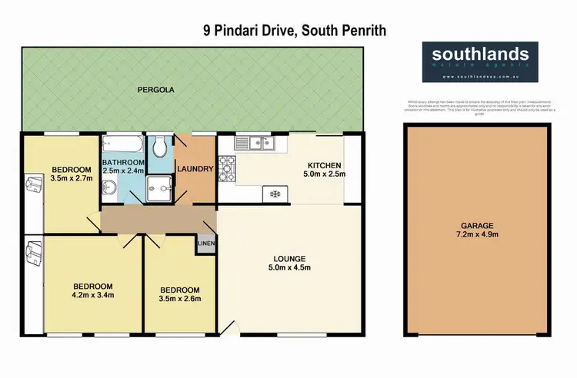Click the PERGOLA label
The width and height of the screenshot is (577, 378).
tap(158, 90)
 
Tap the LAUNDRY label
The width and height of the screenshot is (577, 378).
tap(195, 169)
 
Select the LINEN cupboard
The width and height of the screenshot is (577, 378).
tap(207, 244)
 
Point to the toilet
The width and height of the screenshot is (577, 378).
tap(160, 145)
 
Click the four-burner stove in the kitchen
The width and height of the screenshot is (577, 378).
tap(228, 165)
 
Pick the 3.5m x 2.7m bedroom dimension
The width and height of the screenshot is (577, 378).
tap(71, 178)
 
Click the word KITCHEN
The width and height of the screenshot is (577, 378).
tap(324, 166)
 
